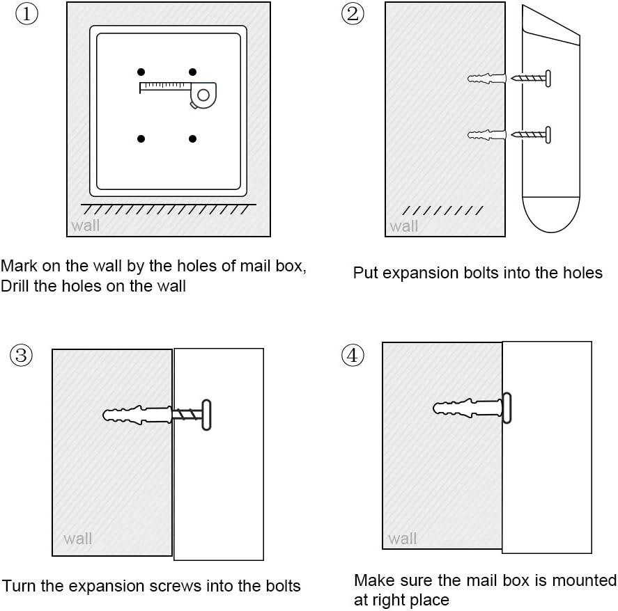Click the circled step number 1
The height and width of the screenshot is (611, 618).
[26, 14]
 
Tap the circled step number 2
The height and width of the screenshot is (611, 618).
[353, 14]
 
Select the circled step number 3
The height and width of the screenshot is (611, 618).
[22, 356]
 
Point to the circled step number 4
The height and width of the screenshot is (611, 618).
[353, 356]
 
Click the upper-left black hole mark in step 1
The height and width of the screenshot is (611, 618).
[141, 72]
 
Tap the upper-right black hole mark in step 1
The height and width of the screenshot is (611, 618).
[193, 72]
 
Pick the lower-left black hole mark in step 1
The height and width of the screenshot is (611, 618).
[141, 138]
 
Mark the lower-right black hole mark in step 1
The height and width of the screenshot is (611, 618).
[193, 138]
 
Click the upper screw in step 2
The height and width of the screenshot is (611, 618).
[531, 79]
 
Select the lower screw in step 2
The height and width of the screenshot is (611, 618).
[531, 135]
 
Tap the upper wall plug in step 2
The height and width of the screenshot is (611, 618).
[487, 79]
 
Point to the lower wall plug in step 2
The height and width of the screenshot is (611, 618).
[487, 135]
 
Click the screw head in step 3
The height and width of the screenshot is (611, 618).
[206, 415]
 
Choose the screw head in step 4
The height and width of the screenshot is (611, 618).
[507, 408]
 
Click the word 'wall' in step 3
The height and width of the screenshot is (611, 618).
[77, 539]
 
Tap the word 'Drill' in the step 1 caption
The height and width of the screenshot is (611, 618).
[15, 286]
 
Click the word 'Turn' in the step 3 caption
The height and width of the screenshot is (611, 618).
[20, 586]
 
